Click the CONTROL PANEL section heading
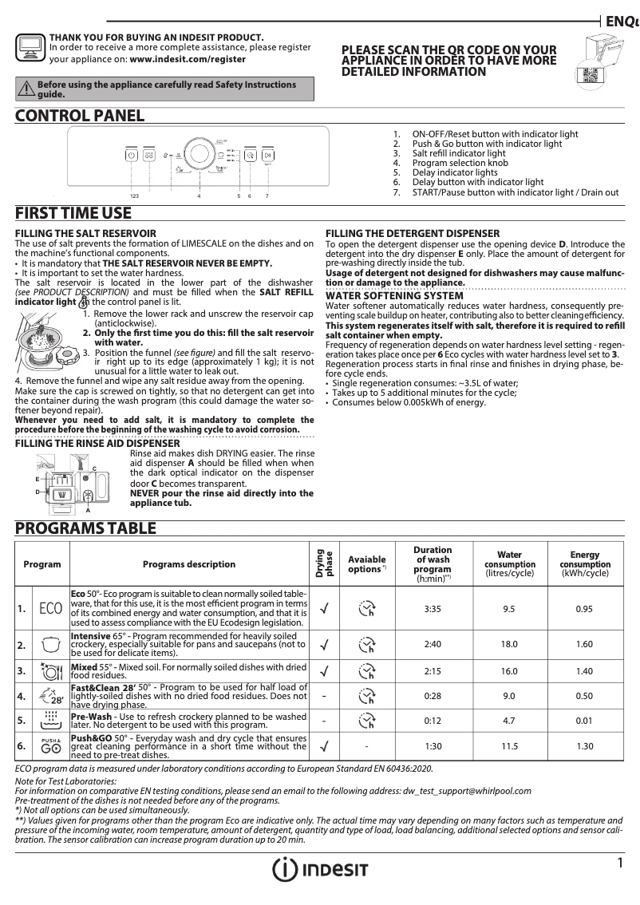[80, 117]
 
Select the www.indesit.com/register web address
[188, 59]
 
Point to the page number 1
[620, 864]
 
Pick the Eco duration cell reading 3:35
[433, 609]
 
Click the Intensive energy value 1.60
[584, 644]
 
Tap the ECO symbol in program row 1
[50, 609]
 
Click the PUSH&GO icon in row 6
[50, 747]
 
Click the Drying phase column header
[324, 563]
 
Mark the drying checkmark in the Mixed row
[324, 671]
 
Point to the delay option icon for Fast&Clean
[367, 697]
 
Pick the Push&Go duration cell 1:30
[433, 747]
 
